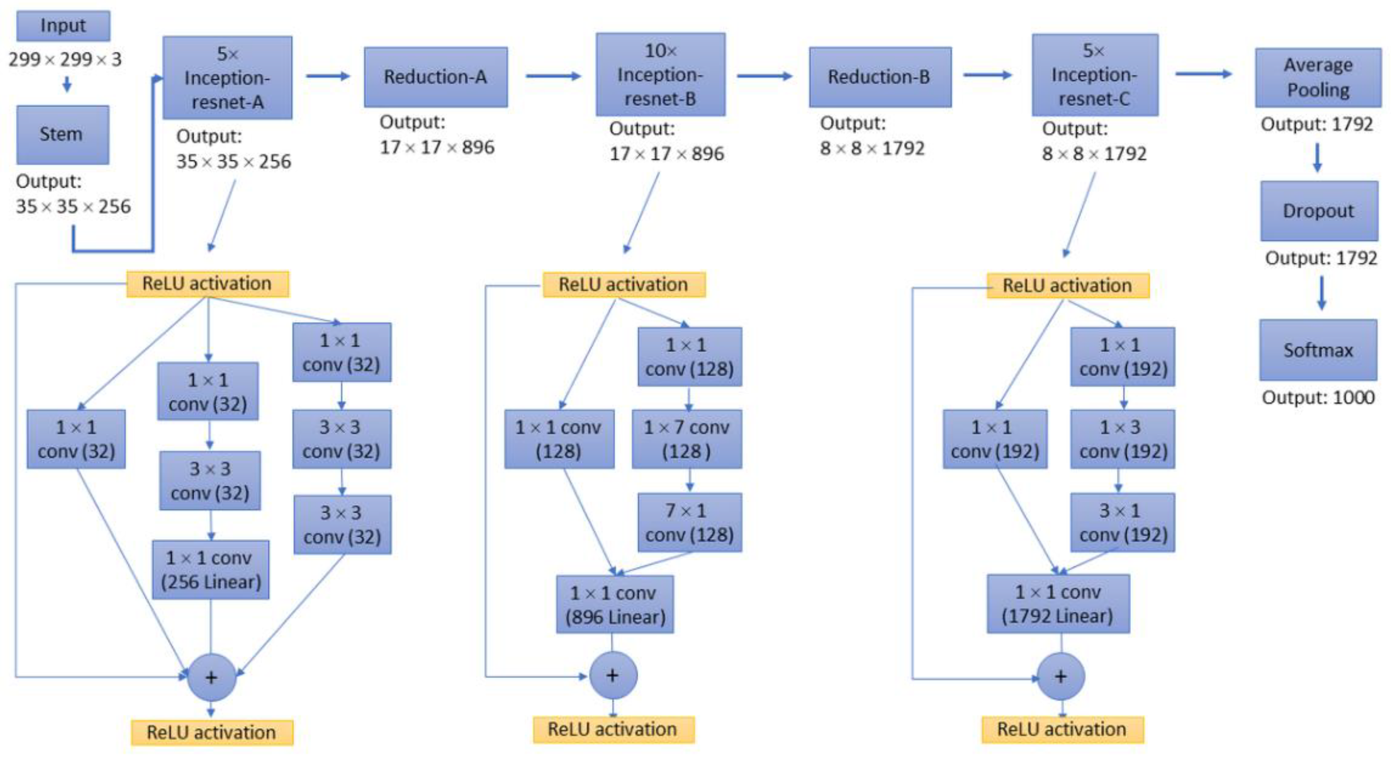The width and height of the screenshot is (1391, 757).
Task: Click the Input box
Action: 63,26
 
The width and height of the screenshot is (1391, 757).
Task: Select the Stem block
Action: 63,134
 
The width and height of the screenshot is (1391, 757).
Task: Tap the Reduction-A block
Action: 435,77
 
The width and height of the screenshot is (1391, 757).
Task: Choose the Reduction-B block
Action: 880,77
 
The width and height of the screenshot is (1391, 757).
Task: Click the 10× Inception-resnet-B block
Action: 660,75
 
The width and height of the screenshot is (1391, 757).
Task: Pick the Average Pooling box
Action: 1318,77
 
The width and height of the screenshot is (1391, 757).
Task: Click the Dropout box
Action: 1319,211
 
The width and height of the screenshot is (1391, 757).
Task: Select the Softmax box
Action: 1318,350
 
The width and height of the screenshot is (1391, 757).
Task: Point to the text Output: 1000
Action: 1318,397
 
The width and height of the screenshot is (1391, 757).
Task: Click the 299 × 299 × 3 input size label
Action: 65,59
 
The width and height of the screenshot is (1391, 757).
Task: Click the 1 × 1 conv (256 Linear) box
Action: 210,569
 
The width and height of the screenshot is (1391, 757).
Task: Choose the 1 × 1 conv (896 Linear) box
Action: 615,604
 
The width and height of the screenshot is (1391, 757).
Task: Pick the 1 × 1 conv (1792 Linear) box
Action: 1058,604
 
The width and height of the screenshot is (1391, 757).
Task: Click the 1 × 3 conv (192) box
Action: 1122,439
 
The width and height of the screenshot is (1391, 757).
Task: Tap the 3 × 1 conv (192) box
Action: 1122,522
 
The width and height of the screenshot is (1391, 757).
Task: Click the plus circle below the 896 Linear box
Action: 613,675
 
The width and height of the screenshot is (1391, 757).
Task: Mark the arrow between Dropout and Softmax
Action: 1321,292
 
